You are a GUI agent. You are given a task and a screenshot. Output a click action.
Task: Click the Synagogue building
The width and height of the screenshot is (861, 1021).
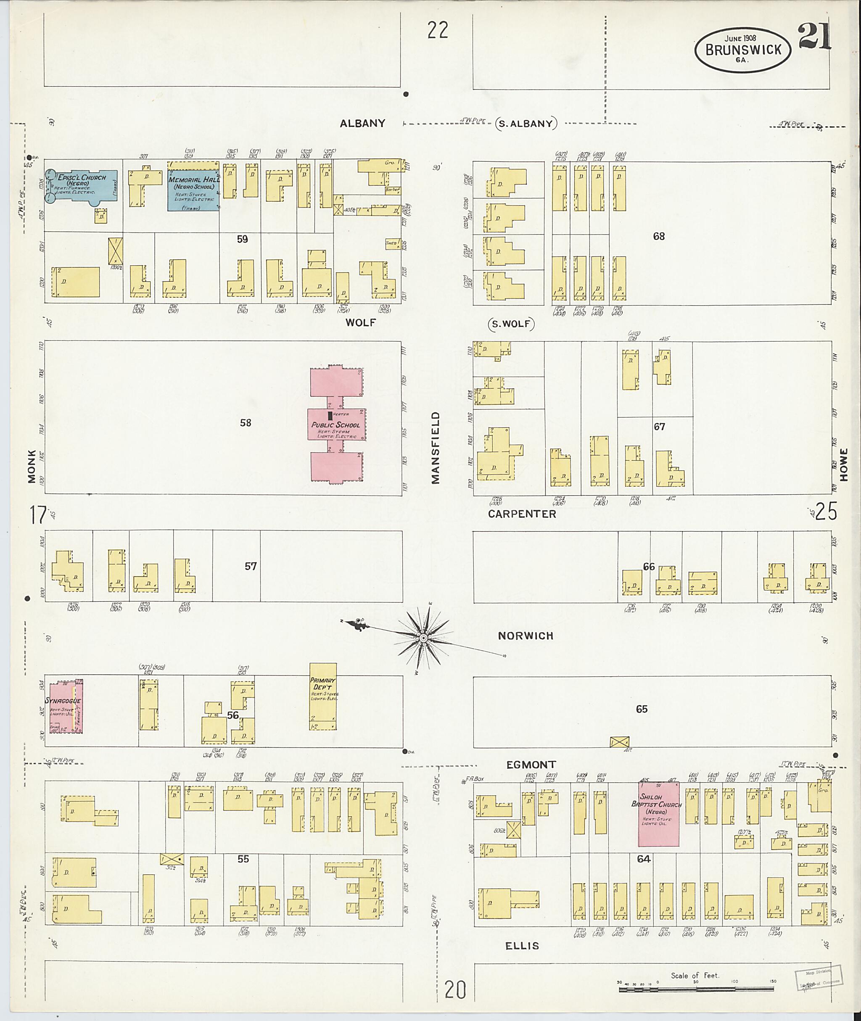(x=63, y=707)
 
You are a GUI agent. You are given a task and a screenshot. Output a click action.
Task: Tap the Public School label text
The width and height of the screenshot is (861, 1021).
(x=336, y=425)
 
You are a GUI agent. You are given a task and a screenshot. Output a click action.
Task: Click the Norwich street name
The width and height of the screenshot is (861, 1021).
(x=526, y=636)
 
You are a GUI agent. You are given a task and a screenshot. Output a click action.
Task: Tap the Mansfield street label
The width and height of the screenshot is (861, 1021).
(x=436, y=448)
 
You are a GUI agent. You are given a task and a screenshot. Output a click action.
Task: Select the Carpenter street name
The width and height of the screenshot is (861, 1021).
(x=522, y=514)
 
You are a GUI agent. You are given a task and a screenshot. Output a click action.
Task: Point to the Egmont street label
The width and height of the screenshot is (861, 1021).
(x=531, y=765)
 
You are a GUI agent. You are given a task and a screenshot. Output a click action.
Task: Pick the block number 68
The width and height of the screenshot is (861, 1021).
(x=659, y=237)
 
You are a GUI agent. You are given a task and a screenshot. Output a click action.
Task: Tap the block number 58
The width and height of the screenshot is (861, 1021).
(x=246, y=423)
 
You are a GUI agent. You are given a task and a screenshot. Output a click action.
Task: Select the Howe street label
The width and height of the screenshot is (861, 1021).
(x=844, y=464)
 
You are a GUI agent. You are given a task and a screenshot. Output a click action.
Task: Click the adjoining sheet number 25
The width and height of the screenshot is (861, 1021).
(x=826, y=512)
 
